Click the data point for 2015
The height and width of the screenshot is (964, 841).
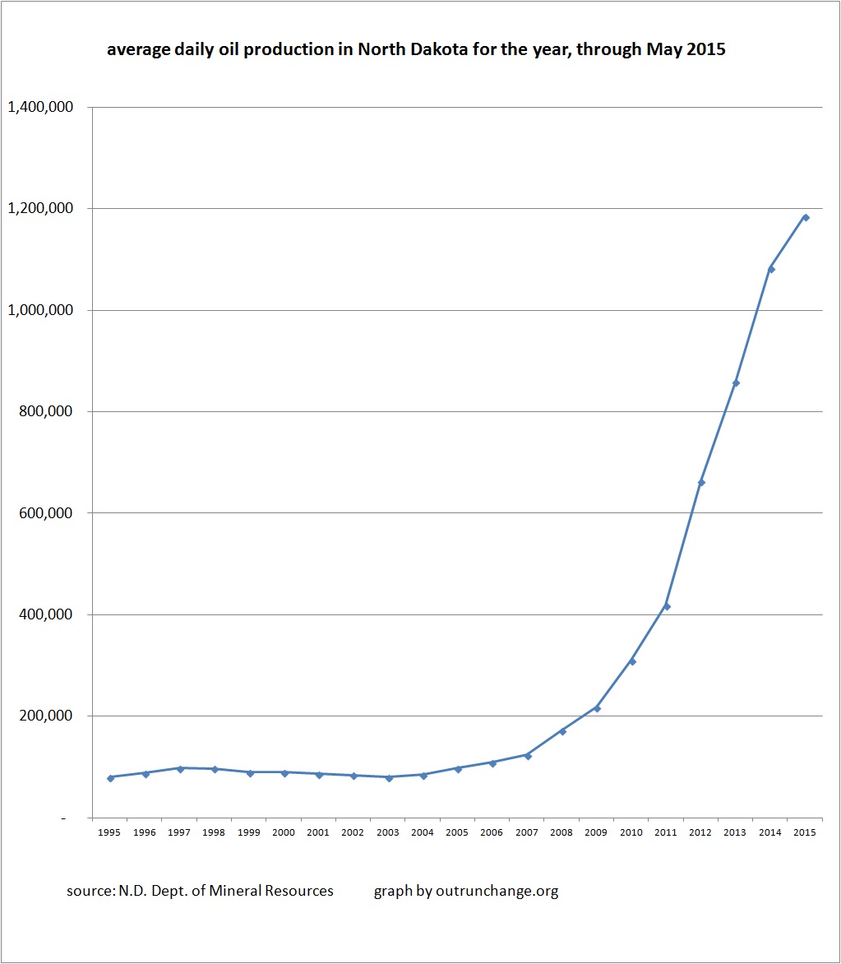point(806,217)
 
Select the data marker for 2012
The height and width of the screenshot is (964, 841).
point(701,482)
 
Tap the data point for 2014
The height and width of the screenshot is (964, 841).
point(771,269)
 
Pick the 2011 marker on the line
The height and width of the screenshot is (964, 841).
point(667,606)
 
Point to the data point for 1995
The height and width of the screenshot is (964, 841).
point(110,777)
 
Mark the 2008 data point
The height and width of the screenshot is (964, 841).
point(562,731)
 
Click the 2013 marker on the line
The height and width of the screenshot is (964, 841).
point(736,383)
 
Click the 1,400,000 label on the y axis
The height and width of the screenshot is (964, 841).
point(40,107)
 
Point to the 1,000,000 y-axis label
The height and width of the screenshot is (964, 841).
point(40,310)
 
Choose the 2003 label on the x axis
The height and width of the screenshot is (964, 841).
point(388,832)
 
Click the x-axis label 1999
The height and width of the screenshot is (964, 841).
point(249,832)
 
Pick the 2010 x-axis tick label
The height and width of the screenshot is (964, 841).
point(631,832)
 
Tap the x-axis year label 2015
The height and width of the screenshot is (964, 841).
point(806,832)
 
